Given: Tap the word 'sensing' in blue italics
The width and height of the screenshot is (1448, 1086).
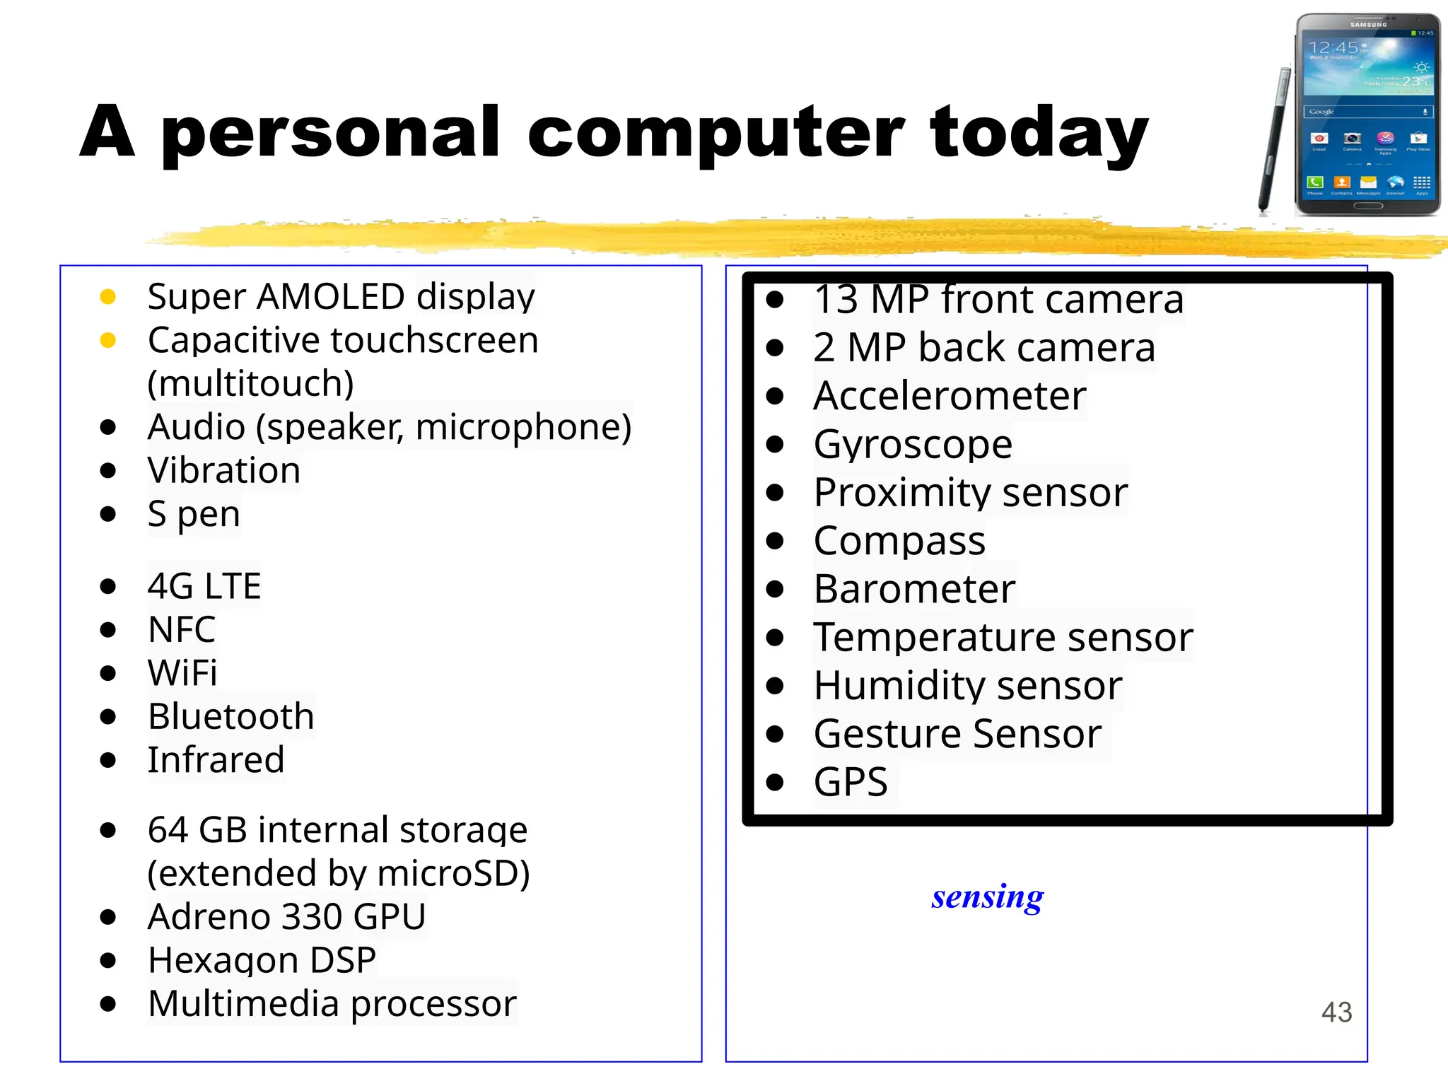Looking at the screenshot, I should coord(987,897).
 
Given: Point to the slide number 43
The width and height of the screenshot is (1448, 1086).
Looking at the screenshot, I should coord(1336,1012).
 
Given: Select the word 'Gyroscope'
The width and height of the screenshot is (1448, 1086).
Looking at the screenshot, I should coord(913,444).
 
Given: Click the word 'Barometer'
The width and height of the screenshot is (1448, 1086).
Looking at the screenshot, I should coord(914,589).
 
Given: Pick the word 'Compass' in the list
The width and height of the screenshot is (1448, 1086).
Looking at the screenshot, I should coord(899,541).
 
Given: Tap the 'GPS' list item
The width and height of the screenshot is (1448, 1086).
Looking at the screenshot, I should coord(851,782).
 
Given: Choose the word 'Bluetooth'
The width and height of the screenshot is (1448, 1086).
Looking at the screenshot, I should coord(230,716).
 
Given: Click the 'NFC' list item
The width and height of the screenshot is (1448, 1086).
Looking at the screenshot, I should coord(182,629).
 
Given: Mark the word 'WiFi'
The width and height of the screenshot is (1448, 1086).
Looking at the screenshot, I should coord(182,672).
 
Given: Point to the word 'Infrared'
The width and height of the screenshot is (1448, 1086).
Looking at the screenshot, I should coord(216,760).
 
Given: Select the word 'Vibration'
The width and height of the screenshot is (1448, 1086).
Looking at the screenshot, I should coord(223,470).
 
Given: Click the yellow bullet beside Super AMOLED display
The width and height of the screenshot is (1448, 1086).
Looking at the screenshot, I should coord(108,297).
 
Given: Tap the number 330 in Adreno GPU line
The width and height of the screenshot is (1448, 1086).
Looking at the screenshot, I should coord(311,917).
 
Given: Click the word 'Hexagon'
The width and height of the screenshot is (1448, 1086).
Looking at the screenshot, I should coord(223,960).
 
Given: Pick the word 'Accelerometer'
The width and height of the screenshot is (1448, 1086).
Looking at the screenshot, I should coord(950,396).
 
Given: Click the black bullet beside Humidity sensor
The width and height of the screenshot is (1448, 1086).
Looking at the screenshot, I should coord(776,686).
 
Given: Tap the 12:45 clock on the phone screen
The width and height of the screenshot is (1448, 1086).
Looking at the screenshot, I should coord(1333,47).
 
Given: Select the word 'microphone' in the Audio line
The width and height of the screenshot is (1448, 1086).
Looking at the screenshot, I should coord(523,427).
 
